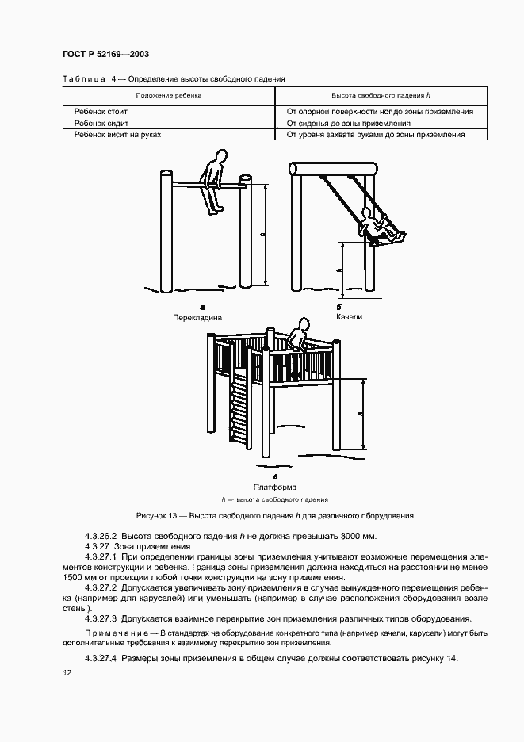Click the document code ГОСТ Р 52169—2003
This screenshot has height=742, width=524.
click(x=105, y=54)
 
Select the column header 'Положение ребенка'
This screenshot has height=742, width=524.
click(x=168, y=95)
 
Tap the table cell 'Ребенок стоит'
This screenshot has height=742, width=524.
click(x=101, y=112)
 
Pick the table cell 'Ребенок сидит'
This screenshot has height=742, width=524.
click(x=101, y=124)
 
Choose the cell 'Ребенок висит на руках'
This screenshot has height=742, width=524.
click(x=117, y=135)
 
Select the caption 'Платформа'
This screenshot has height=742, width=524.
click(x=274, y=487)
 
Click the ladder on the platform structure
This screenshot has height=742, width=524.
click(x=239, y=411)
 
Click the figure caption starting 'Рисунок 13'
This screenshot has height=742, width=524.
click(x=275, y=516)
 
